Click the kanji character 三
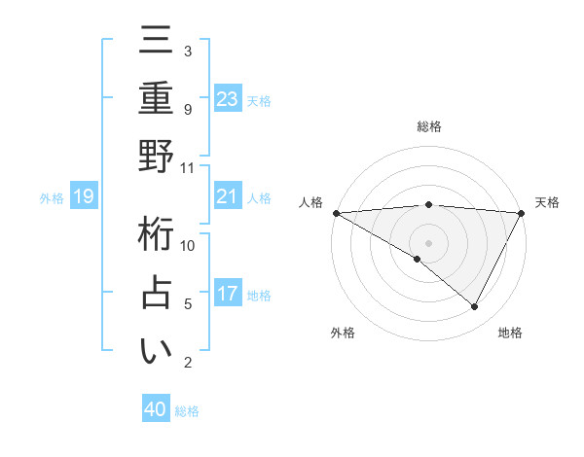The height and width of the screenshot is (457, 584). click(156, 42)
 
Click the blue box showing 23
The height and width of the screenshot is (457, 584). click(228, 99)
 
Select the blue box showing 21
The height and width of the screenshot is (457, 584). click(228, 197)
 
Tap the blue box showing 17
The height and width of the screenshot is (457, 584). click(228, 295)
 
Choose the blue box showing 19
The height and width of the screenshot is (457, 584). click(84, 197)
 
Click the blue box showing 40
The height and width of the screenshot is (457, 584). click(156, 409)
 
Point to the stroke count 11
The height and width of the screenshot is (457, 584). click(187, 167)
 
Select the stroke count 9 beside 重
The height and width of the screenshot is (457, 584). click(187, 109)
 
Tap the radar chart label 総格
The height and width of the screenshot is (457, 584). click(428, 126)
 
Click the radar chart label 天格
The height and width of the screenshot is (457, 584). click(547, 202)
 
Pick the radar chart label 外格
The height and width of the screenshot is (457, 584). click(343, 333)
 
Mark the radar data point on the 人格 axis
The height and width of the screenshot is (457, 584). click(336, 213)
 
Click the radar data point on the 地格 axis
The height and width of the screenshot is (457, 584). click(475, 307)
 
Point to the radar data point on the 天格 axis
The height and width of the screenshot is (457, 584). click(522, 213)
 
